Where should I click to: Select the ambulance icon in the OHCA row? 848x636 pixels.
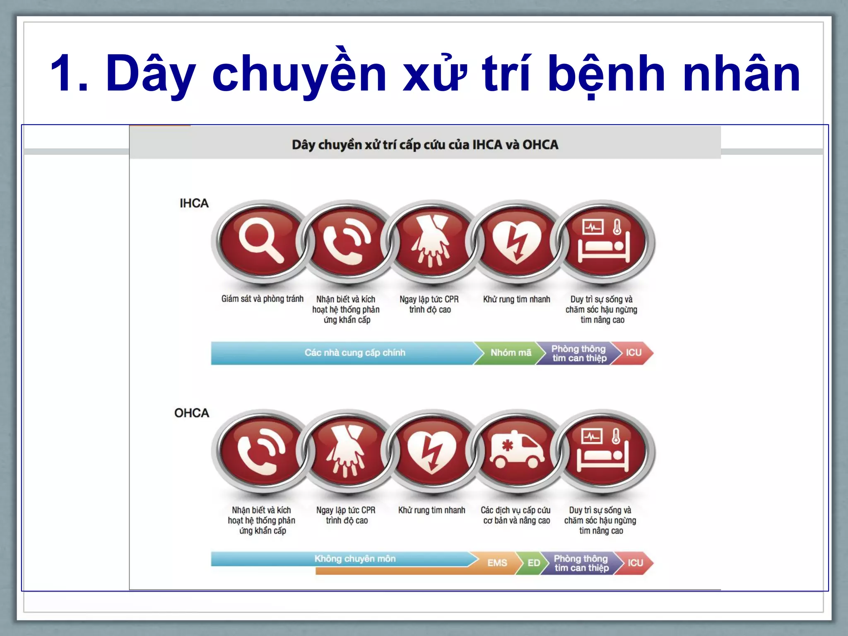[517, 451]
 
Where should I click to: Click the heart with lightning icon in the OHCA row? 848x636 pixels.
[431, 451]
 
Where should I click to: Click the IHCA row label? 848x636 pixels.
[194, 203]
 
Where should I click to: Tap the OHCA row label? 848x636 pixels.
[191, 413]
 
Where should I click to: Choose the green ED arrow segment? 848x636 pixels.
[533, 563]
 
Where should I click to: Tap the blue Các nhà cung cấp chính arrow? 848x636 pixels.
[354, 353]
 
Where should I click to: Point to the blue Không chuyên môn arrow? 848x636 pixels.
[354, 559]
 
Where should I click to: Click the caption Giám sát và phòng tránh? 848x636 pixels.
[262, 299]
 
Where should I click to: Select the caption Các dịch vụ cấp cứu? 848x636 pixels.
[516, 511]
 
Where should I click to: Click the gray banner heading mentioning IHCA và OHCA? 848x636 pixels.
[425, 145]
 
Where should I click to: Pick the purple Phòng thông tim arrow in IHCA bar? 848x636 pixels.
[579, 353]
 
